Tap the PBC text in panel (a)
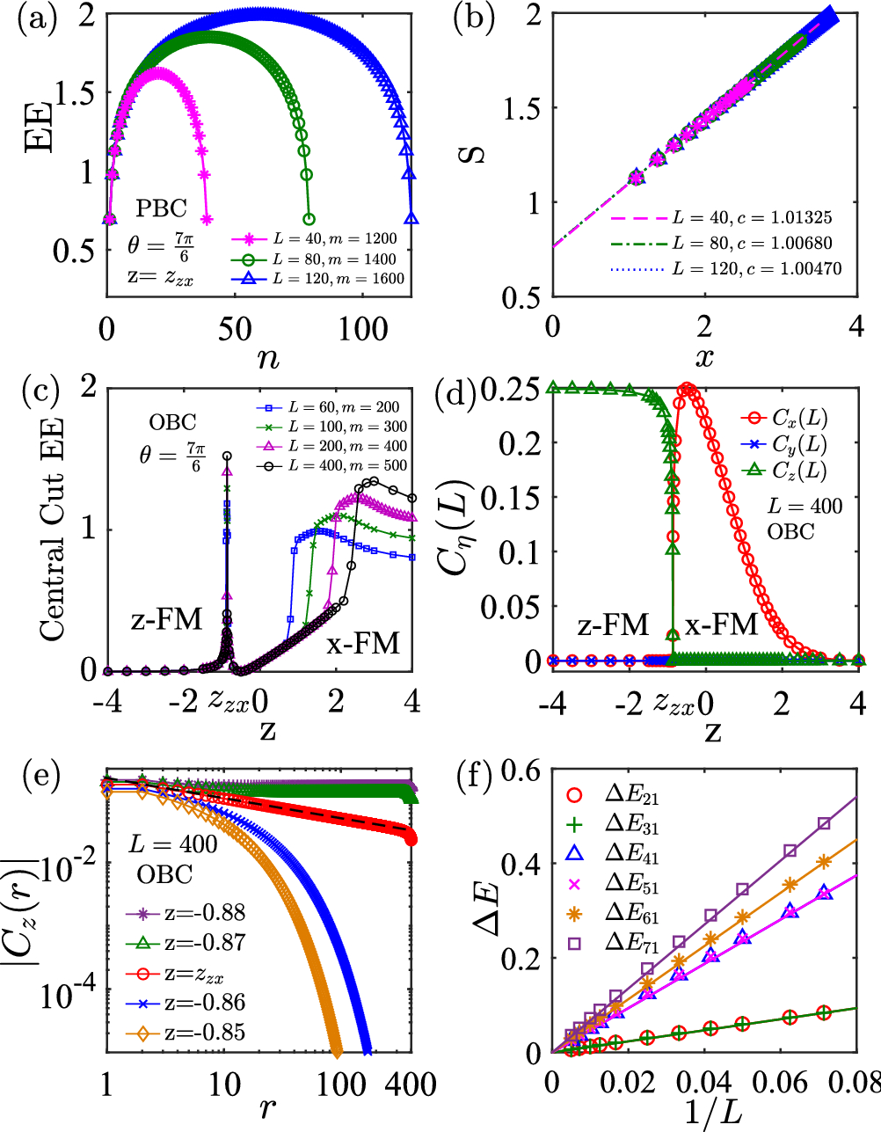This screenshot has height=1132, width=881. coord(161,208)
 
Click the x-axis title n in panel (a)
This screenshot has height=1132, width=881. coord(268,358)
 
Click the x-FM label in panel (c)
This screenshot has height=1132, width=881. coord(363,644)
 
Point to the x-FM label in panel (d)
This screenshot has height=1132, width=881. coord(721,624)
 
